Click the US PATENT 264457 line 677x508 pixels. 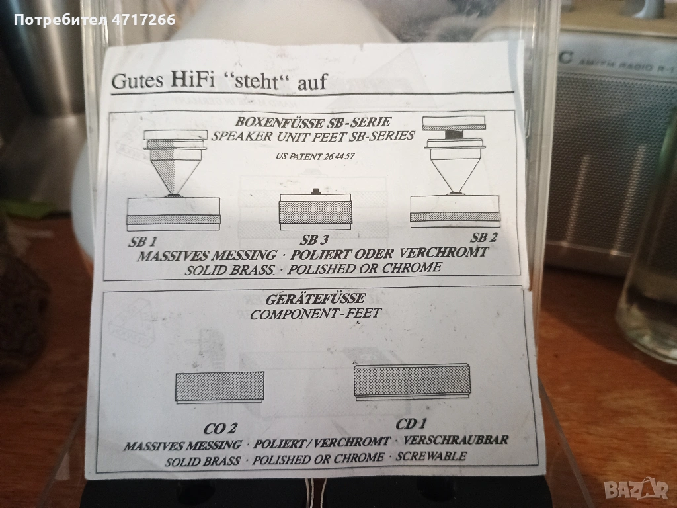pyautogui.click(x=315, y=156)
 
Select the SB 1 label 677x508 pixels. pyautogui.click(x=143, y=241)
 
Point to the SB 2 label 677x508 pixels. pyautogui.click(x=483, y=237)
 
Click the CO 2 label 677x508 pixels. pyautogui.click(x=220, y=428)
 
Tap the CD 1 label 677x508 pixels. pyautogui.click(x=411, y=424)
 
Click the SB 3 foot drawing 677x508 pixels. pyautogui.click(x=315, y=210)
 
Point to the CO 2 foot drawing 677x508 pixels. pyautogui.click(x=219, y=388)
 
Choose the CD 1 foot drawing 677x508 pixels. pyautogui.click(x=412, y=382)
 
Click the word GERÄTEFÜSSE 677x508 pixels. pyautogui.click(x=315, y=299)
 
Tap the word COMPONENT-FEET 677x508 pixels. pyautogui.click(x=315, y=313)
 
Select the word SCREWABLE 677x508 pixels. pyautogui.click(x=431, y=456)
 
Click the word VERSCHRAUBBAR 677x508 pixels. pyautogui.click(x=456, y=440)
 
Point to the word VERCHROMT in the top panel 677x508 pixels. pyautogui.click(x=443, y=252)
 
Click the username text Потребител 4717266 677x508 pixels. pyautogui.click(x=95, y=20)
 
